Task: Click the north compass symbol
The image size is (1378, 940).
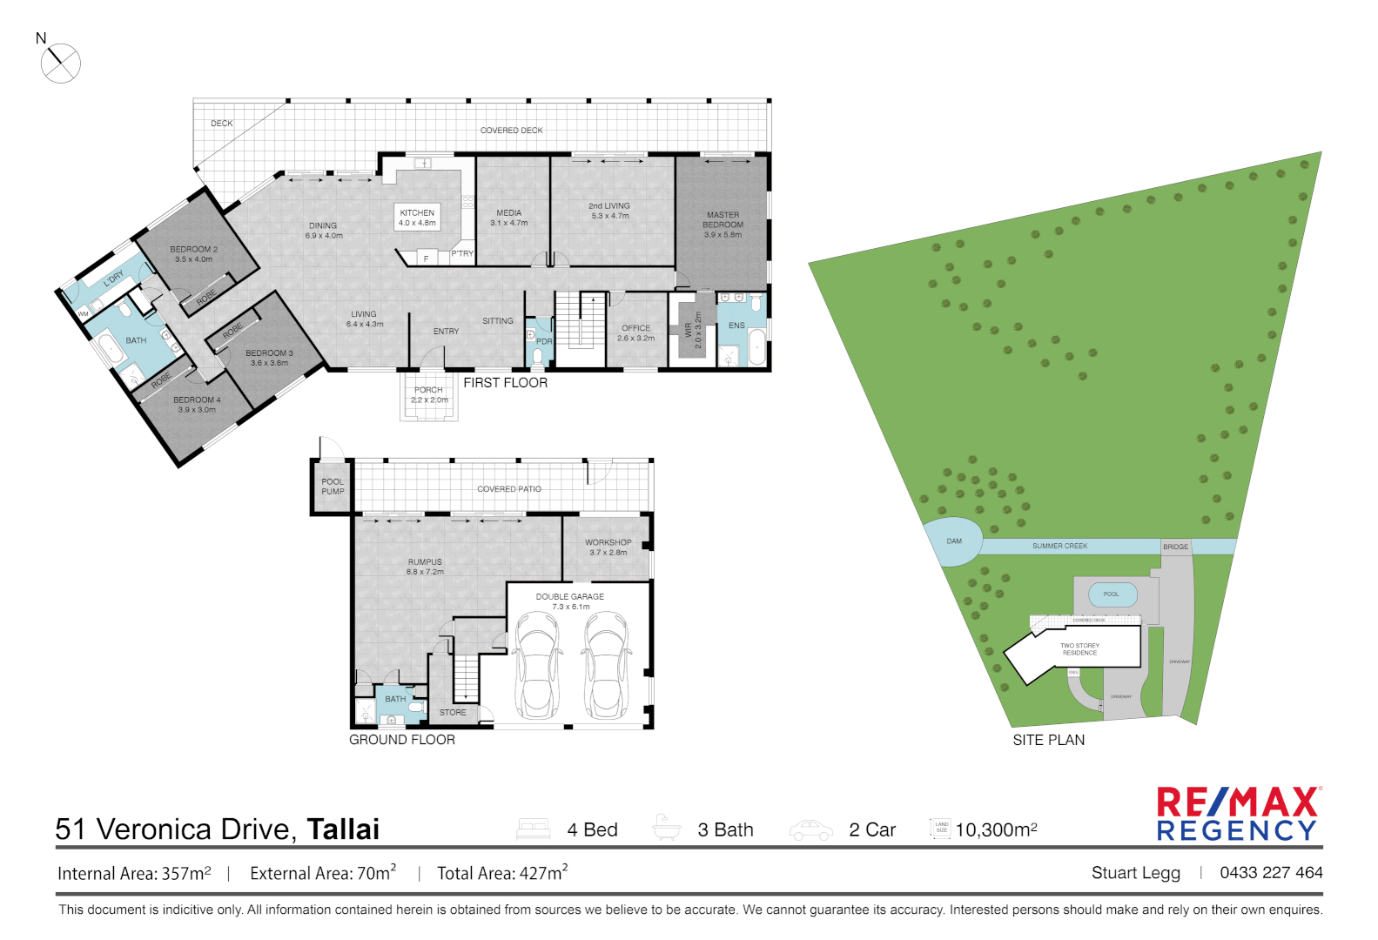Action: tap(60, 63)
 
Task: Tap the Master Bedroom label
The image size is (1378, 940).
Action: tap(723, 224)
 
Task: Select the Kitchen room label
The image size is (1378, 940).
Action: tap(417, 218)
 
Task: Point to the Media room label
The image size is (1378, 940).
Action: tap(508, 218)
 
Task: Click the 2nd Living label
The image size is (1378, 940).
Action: tap(608, 211)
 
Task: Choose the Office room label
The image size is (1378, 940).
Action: tap(635, 332)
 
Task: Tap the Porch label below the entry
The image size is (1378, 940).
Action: tap(428, 395)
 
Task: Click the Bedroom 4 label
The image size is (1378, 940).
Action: tap(197, 405)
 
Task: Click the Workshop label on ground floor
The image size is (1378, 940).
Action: tap(608, 547)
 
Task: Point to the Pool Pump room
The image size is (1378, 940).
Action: tap(332, 487)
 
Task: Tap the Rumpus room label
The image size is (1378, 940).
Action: tap(425, 567)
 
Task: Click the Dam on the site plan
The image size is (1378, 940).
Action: tap(953, 541)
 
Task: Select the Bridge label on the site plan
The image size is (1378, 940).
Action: tap(1175, 547)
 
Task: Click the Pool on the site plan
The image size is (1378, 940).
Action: tap(1112, 594)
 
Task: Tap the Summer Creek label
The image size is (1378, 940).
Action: tap(1059, 546)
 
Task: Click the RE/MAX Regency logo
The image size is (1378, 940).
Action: tap(1238, 814)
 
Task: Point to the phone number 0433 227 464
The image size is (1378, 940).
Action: tap(1271, 872)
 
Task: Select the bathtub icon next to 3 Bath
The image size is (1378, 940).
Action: tap(666, 828)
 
